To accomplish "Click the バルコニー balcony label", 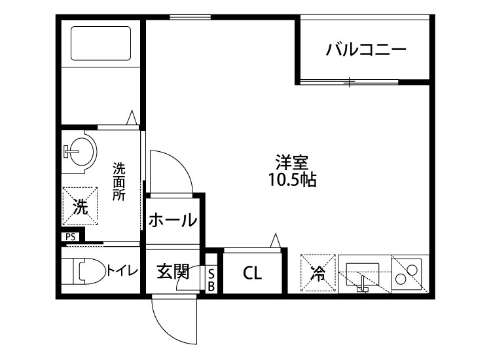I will pos(367,50).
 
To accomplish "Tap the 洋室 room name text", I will pos(292,162).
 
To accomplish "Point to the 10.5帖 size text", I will pos(292,180).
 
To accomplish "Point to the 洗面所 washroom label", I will pos(119,181).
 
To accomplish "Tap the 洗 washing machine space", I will pos(80,207).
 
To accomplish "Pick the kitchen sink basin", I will pos(363,271).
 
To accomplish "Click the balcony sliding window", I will pos(350,82).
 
